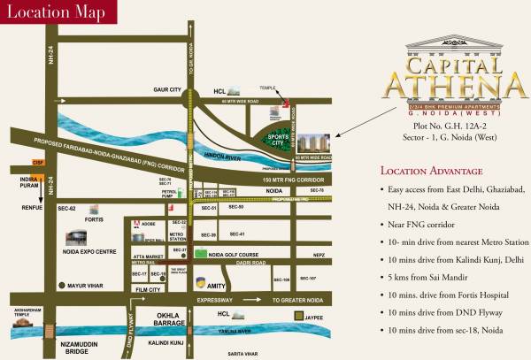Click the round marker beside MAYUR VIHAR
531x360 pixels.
click(x=63, y=286)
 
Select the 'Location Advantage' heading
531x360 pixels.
click(x=431, y=170)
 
